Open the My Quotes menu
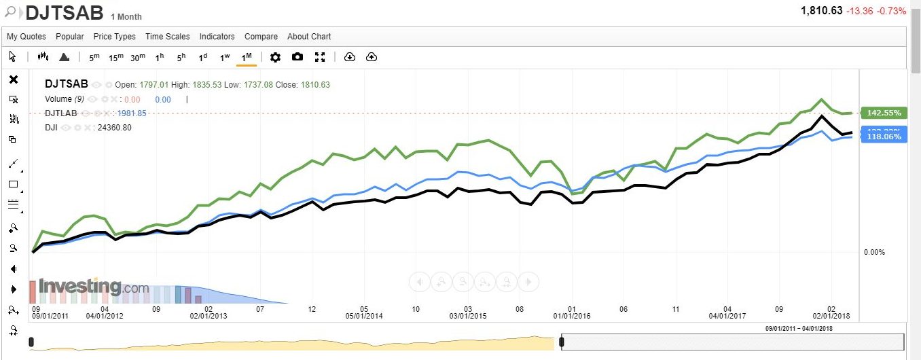[x=26, y=37]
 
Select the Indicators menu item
[x=217, y=37]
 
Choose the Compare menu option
[x=261, y=37]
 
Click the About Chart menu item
[x=309, y=37]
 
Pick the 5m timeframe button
[x=94, y=57]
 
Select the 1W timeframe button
[x=225, y=57]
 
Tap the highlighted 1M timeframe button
[x=247, y=57]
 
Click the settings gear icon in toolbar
[x=275, y=57]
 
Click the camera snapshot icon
[x=297, y=57]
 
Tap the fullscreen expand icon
[x=320, y=57]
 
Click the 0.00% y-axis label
[x=874, y=252]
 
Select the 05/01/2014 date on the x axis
[x=364, y=316]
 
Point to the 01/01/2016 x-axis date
[x=572, y=316]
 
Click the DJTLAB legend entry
[x=60, y=113]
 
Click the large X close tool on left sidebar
[x=14, y=79]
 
